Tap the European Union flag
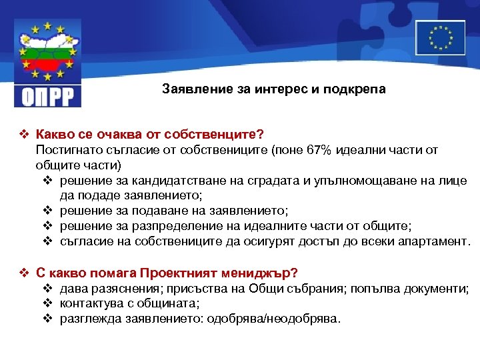440,37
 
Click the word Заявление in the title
194,89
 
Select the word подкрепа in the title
357,89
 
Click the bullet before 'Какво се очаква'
24,136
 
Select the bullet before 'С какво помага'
24,273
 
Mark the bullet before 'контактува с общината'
47,303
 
